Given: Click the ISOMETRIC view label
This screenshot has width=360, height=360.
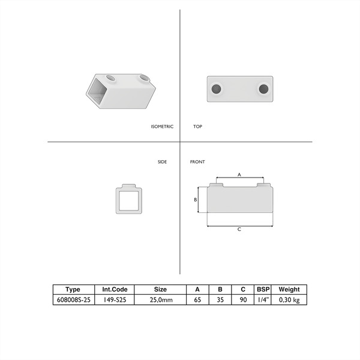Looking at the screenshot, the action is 162,127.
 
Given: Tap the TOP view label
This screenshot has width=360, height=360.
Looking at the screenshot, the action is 197,127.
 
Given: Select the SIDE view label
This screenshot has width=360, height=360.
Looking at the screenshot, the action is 162,162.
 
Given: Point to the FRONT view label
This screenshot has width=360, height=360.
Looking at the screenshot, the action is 197,162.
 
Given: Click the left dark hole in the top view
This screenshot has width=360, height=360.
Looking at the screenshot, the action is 216,89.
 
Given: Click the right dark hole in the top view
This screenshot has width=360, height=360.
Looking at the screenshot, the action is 263,89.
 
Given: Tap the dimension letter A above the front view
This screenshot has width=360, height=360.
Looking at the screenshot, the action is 239,175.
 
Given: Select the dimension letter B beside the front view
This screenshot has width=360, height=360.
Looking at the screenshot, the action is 196,200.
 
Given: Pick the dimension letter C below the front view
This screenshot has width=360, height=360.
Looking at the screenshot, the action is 239,229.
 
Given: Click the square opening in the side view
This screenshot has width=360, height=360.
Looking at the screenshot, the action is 129,200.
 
